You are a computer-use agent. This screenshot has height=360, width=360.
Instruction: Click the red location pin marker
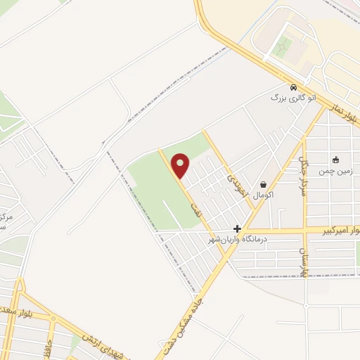[181, 165]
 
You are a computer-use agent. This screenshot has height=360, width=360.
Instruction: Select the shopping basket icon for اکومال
[262, 184]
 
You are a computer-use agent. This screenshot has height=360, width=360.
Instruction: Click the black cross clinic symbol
[238, 229]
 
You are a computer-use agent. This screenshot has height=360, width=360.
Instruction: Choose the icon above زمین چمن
[336, 159]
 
